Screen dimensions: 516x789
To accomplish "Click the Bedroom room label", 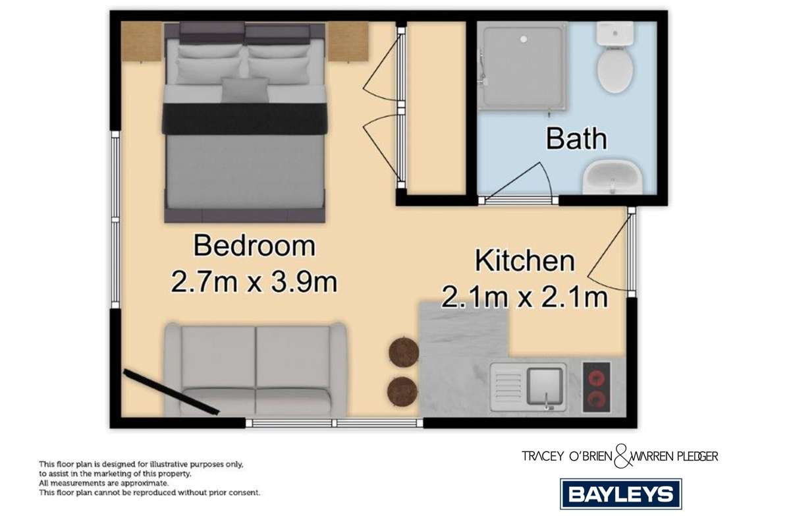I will [254, 246].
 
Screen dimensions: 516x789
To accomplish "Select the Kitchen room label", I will [525, 261].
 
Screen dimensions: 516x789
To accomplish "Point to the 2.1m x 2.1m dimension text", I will [524, 298].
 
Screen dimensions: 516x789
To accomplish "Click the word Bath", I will [576, 139].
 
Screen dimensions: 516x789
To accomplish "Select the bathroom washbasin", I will [612, 177].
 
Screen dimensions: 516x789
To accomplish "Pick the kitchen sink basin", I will [546, 382].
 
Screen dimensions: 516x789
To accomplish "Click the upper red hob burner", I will [595, 378].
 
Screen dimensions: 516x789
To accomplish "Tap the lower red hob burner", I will [595, 398].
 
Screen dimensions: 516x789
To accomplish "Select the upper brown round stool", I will [404, 353].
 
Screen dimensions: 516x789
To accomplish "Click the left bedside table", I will [142, 42].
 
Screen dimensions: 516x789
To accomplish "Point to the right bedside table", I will [348, 42].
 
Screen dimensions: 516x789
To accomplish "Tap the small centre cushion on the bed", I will [245, 90].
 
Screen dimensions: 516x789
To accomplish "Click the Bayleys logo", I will [620, 494].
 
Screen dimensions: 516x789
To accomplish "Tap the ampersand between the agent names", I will [621, 455].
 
